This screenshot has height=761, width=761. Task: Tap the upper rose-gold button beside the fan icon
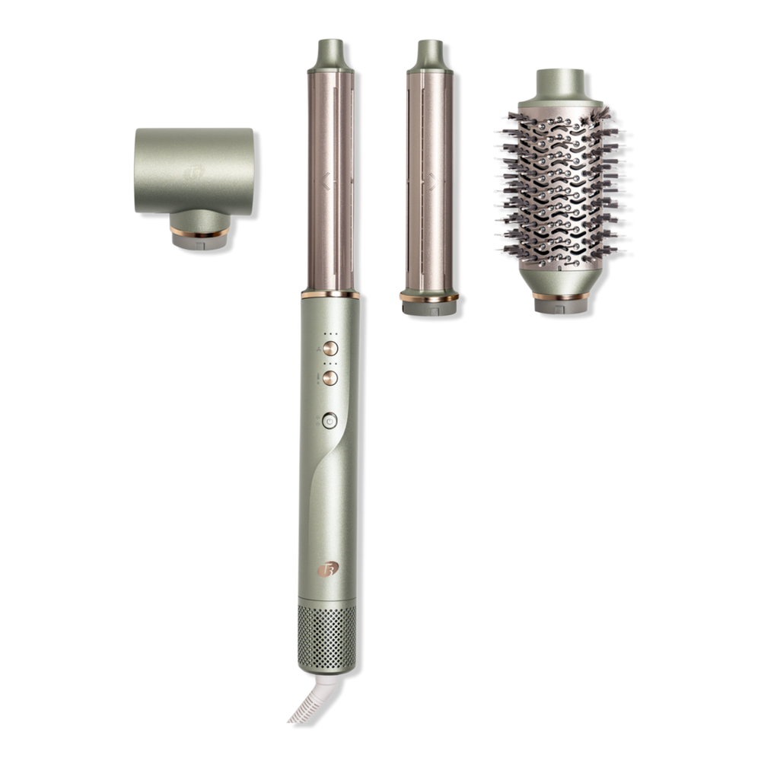(x=330, y=349)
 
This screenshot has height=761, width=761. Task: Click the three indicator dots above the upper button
(x=330, y=333)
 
